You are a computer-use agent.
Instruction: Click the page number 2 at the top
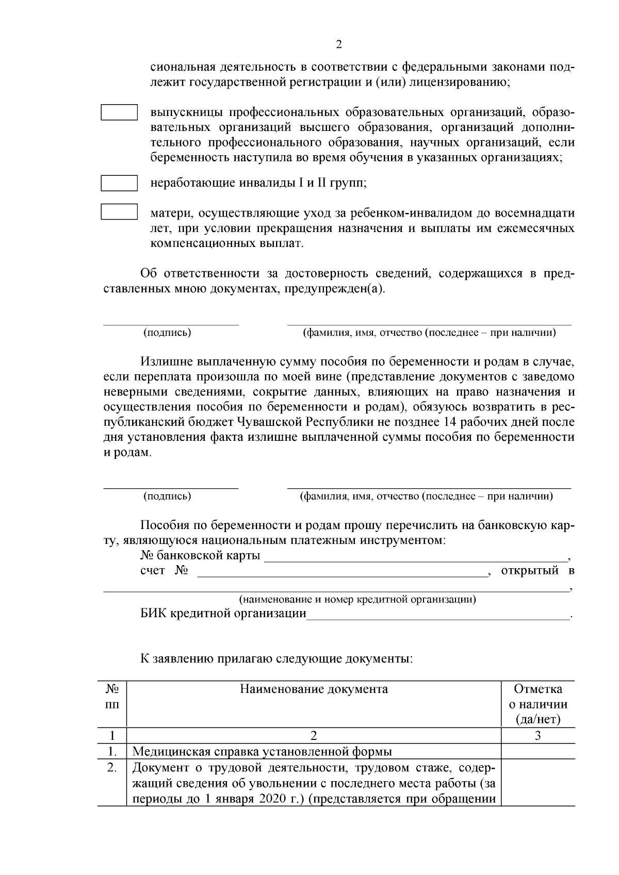(338, 44)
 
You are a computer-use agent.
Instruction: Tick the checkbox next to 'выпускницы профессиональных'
(119, 112)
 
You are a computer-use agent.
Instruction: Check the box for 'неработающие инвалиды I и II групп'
(119, 183)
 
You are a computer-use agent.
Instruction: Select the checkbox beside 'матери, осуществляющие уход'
(119, 212)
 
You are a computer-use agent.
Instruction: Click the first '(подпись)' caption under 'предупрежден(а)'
(167, 333)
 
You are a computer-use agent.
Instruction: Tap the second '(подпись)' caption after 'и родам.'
(167, 496)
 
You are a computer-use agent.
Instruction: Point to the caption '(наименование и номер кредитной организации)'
(357, 600)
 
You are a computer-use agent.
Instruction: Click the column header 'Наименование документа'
(314, 689)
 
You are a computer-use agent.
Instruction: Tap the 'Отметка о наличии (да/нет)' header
(537, 704)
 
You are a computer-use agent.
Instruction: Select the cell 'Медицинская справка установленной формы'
(262, 751)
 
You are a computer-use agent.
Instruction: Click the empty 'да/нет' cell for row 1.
(537, 751)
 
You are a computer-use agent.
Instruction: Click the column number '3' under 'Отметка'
(537, 736)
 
